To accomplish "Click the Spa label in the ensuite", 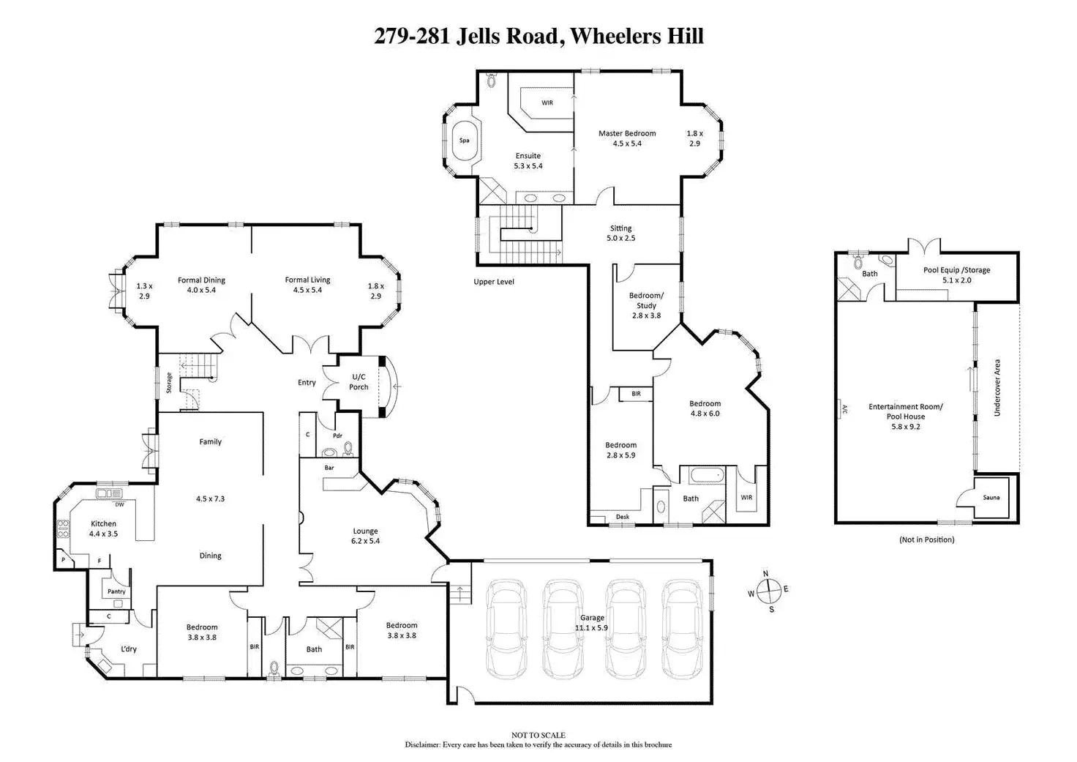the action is coord(464,141).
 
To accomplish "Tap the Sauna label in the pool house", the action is coord(991,498).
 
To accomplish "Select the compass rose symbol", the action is coord(768,590).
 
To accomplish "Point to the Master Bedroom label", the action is coord(627,133).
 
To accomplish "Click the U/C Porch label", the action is coord(359,382).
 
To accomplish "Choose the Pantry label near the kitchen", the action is coord(116,591).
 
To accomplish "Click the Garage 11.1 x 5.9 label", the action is coord(592,622).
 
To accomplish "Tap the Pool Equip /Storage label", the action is coord(956,270).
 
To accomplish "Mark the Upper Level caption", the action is coord(494,282).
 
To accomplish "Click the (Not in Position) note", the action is coord(926,539).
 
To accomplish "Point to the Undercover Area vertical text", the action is coord(997,388).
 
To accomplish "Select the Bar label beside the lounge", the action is coord(329,468).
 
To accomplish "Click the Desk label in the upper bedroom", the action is coord(622,517).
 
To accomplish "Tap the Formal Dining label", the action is coord(201,280).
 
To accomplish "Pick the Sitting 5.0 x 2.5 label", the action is coord(620,233).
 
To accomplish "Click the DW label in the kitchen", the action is coord(119,504).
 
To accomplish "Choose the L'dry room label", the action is coord(129,649).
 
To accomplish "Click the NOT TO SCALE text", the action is coord(538,735).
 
